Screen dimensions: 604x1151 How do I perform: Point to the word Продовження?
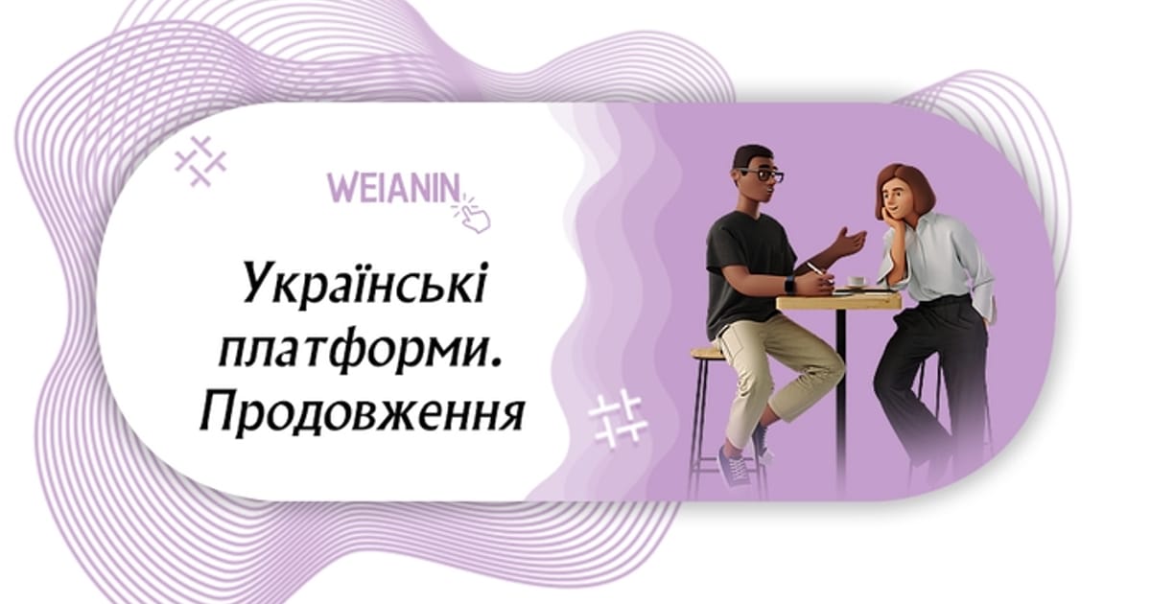coord(362,412)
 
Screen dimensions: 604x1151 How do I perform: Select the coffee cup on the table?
coord(854,282)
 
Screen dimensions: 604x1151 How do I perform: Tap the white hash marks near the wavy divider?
coord(618,418)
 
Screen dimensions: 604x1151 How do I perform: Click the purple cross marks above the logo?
coord(200,161)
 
